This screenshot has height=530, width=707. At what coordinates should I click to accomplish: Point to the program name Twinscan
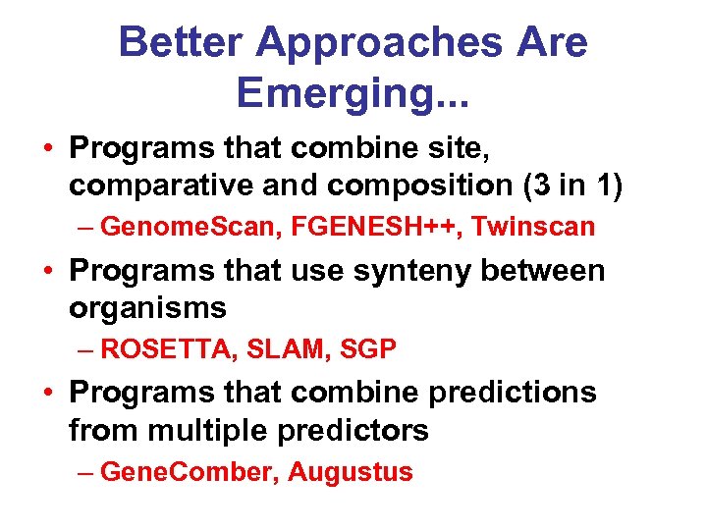click(x=533, y=228)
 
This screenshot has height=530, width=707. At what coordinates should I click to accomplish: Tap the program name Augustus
click(x=351, y=472)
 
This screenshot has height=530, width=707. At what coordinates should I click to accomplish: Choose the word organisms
click(x=147, y=308)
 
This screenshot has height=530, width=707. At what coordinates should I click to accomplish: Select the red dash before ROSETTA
click(x=86, y=349)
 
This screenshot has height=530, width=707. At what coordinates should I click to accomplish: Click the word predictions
click(x=512, y=393)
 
